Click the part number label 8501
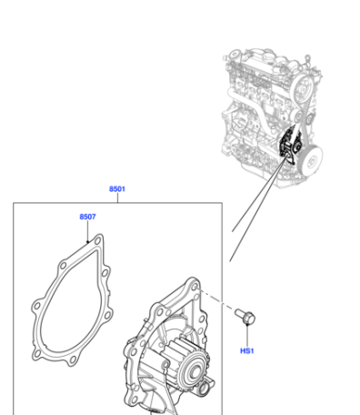(x=117, y=189)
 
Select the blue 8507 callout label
(x=87, y=217)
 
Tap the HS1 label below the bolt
(x=247, y=351)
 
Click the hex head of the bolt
(x=249, y=319)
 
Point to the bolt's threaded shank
(x=240, y=313)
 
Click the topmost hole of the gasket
(x=97, y=241)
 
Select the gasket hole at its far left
(x=37, y=306)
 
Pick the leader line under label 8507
(x=87, y=231)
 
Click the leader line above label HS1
(x=247, y=336)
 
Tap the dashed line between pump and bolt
(x=216, y=300)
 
